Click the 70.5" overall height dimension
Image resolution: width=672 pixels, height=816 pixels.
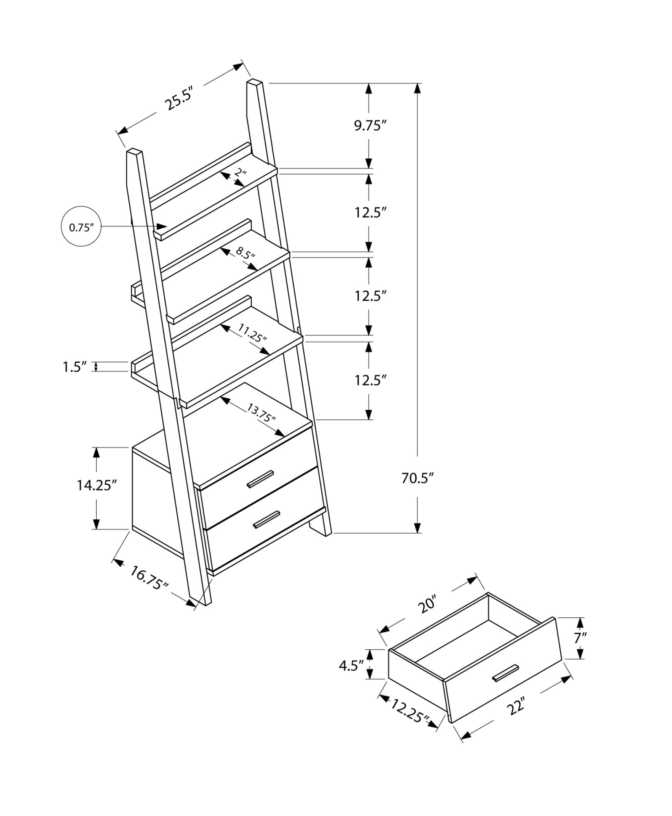(x=416, y=478)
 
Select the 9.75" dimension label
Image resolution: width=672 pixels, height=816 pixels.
(x=369, y=126)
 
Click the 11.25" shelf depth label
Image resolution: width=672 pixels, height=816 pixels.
(x=252, y=333)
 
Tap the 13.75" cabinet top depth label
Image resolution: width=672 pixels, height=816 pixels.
(x=261, y=412)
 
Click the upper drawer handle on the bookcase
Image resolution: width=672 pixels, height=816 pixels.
(x=260, y=479)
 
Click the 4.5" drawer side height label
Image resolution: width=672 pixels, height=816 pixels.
(x=351, y=665)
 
